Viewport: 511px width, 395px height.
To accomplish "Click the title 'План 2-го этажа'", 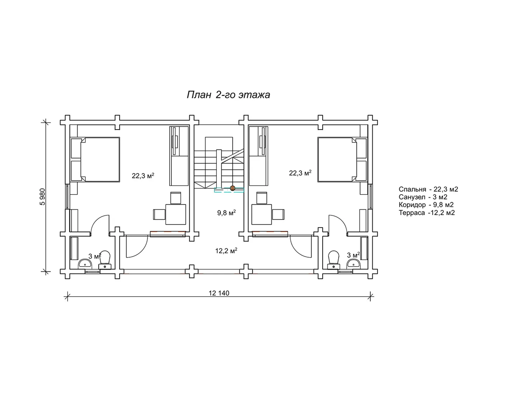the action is click(x=228, y=95).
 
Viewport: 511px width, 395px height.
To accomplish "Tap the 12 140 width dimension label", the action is click(x=219, y=293).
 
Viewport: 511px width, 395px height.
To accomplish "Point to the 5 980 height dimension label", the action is click(x=42, y=197).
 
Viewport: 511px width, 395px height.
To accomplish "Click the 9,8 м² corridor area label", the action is click(x=226, y=213).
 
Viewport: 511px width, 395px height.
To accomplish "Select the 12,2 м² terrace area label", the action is click(x=226, y=251).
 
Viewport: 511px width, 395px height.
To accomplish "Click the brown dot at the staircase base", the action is click(x=233, y=188).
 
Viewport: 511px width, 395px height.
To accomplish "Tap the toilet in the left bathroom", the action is click(x=105, y=260).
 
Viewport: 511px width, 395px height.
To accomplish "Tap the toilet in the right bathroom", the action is click(x=334, y=260).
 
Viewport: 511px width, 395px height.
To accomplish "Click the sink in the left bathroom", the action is click(x=85, y=263).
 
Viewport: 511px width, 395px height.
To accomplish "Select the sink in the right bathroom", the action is click(x=354, y=263).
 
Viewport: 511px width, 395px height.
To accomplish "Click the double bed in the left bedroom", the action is click(x=95, y=159).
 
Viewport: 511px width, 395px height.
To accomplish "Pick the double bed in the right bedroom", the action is click(x=342, y=159).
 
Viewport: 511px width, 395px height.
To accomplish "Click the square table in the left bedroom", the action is click(x=176, y=214).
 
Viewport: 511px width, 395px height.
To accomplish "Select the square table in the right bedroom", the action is click(x=262, y=214).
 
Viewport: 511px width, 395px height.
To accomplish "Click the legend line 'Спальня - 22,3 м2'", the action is click(x=428, y=189).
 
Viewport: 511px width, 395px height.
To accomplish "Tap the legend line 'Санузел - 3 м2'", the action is click(x=423, y=197).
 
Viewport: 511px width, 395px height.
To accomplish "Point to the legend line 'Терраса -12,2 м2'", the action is click(x=427, y=213).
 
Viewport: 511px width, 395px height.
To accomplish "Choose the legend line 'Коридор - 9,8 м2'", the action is click(x=426, y=205).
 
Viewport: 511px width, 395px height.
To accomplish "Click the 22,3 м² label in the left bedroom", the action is click(x=143, y=176).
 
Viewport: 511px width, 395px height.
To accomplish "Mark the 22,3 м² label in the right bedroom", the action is click(x=300, y=173).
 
